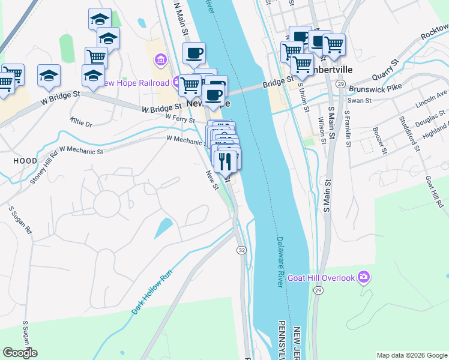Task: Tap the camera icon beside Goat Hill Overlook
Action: (363, 277)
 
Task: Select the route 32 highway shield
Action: (241, 250)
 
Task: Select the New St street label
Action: (211, 180)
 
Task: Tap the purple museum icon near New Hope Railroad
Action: (160, 59)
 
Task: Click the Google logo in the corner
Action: (20, 353)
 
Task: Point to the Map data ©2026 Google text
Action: (411, 355)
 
